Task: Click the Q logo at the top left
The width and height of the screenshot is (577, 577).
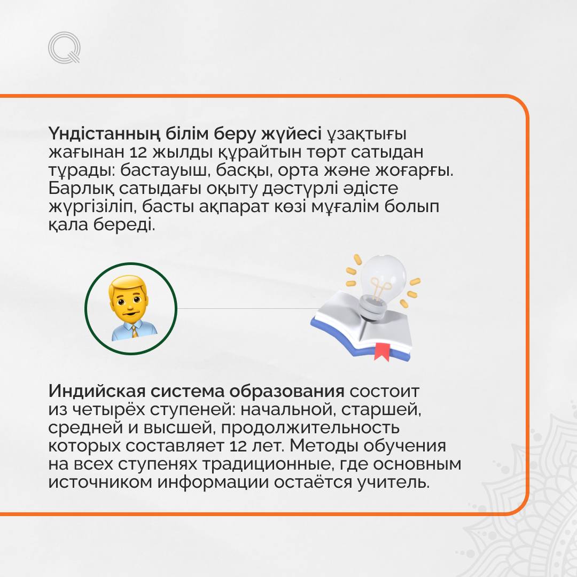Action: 64,48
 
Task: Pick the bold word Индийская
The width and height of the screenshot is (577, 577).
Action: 97,391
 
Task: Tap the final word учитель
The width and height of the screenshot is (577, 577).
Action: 393,482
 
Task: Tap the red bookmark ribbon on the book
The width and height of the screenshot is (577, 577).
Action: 382,350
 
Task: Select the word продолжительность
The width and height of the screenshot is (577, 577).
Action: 310,428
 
